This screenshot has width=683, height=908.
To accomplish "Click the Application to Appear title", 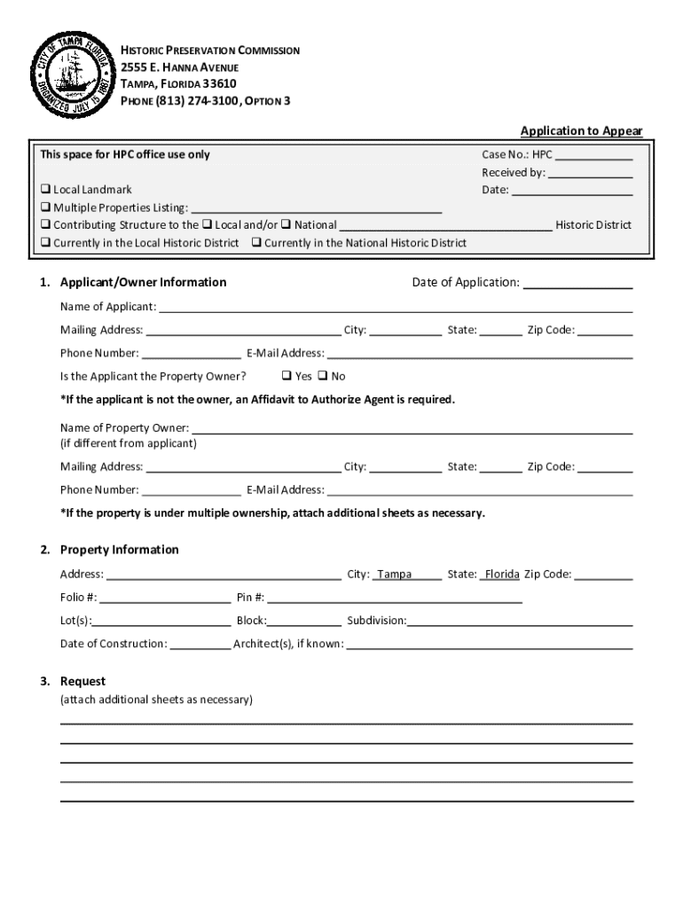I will [x=581, y=131].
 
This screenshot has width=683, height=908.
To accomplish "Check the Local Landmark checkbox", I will [x=45, y=190].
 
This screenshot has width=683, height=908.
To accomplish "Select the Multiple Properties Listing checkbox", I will [x=45, y=207].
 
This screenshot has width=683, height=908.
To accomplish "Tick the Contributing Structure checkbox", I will [x=45, y=225].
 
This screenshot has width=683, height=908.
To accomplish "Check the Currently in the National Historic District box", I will [x=256, y=243].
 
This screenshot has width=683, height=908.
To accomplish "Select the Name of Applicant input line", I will [x=395, y=309].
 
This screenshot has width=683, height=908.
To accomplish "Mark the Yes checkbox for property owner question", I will [x=287, y=376].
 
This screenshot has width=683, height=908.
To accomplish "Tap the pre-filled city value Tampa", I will [x=395, y=575].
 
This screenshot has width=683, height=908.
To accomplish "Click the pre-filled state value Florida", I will [x=501, y=575].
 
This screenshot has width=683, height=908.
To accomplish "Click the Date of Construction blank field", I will [x=200, y=645].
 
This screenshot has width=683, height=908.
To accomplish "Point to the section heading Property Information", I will [x=119, y=550].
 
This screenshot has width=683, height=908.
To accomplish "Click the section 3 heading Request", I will [x=82, y=681].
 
